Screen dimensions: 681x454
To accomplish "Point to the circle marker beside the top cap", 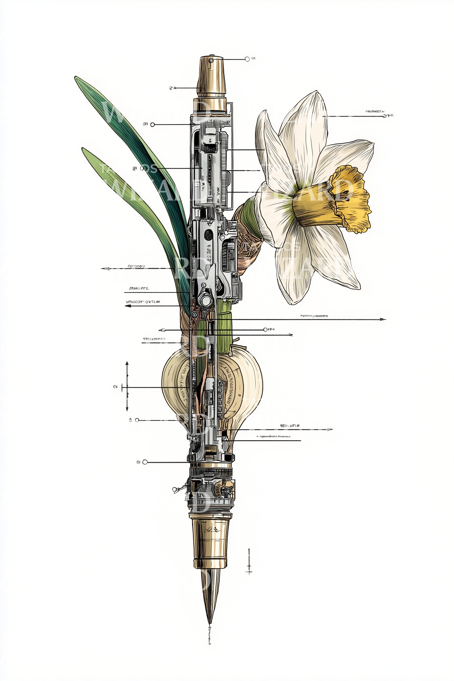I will pos(247,59).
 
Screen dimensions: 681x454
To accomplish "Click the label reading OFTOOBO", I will pos(136,266).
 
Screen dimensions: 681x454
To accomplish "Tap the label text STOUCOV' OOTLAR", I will pos(143,302).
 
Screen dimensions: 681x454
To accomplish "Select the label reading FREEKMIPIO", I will pos(154,338).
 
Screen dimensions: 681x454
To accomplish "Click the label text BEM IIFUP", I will pos(290,425).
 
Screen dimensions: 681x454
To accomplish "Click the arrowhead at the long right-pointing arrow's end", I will pos(384,319).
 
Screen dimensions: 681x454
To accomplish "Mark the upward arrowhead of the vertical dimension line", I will pos(127,363).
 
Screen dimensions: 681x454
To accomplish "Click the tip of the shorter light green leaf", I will pos(84,149).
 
